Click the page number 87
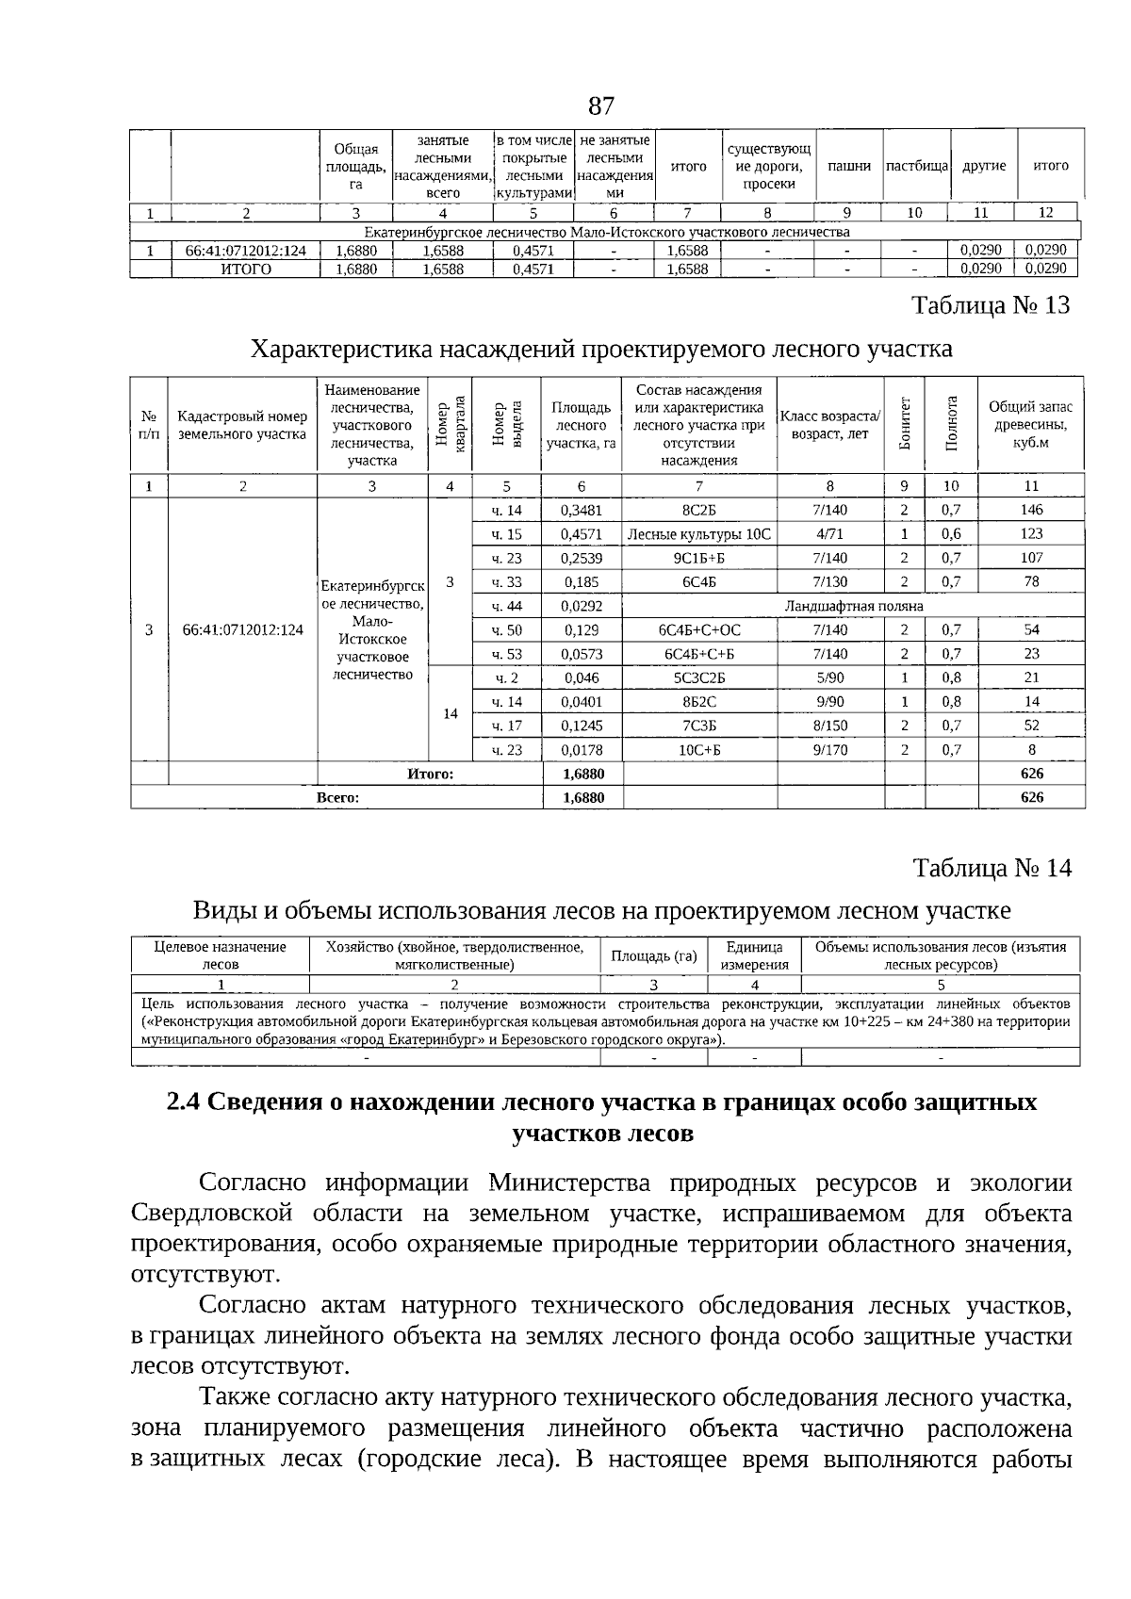pos(600,105)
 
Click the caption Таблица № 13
pos(991,306)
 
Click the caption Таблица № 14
pos(992,868)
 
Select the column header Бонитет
pos(905,423)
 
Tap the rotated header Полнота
pos(951,423)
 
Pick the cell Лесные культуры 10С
pos(698,534)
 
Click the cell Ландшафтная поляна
pos(853,606)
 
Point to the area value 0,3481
pos(581,510)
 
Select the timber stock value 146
pos(1031,510)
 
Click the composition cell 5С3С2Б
pos(698,677)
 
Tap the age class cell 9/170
pos(829,750)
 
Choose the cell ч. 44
pos(506,606)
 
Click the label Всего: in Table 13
pos(337,797)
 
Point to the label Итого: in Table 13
pos(430,774)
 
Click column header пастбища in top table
pos(916,166)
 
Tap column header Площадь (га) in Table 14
pos(653,955)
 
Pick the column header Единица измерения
pos(753,955)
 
